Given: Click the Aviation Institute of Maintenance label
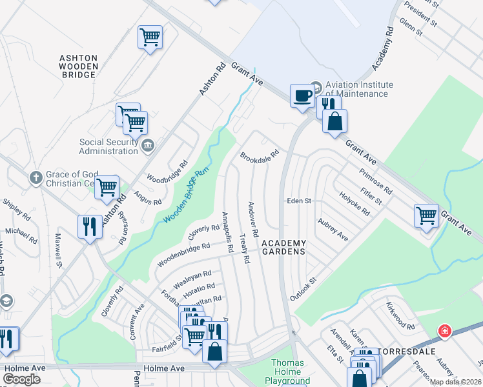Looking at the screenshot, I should pyautogui.click(x=358, y=89).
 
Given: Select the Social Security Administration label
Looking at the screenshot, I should pyautogui.click(x=108, y=146).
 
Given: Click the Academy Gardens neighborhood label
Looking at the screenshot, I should pyautogui.click(x=283, y=247).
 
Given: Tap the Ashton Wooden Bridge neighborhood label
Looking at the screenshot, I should pyautogui.click(x=79, y=66).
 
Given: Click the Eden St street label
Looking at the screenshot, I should pyautogui.click(x=300, y=201).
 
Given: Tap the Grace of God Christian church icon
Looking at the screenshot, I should pyautogui.click(x=36, y=177).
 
